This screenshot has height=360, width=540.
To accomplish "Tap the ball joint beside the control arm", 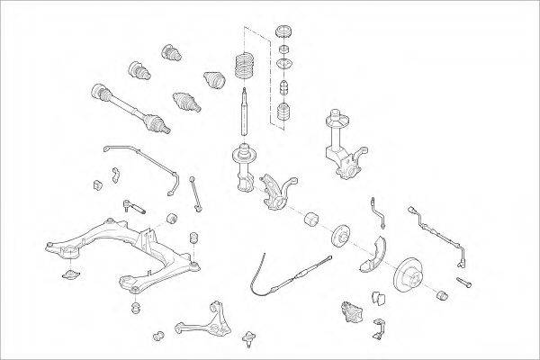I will click(x=248, y=340).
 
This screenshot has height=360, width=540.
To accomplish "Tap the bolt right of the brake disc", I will click(x=465, y=283).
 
